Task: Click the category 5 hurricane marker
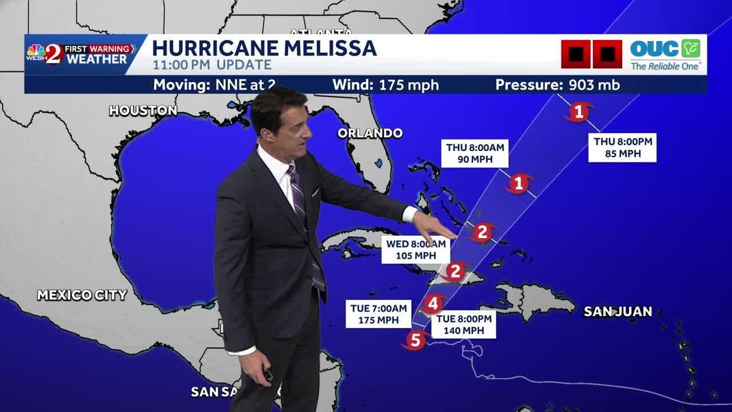[x=415, y=340]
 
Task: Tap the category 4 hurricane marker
[x=434, y=303]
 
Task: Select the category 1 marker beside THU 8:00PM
[x=578, y=111]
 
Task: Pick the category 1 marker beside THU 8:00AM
[x=519, y=184]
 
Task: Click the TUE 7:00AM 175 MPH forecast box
[x=379, y=314]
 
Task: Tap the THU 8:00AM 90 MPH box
[x=475, y=153]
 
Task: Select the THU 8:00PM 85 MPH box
[x=622, y=148]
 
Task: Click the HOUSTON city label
[x=143, y=110]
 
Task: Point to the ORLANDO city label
[x=370, y=133]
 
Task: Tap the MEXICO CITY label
[x=82, y=295]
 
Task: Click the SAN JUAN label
[x=618, y=312]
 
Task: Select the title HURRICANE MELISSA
[x=264, y=48]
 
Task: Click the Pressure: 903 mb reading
[x=558, y=85]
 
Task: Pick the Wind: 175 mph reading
[x=385, y=85]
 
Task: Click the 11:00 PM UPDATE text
[x=212, y=65]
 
